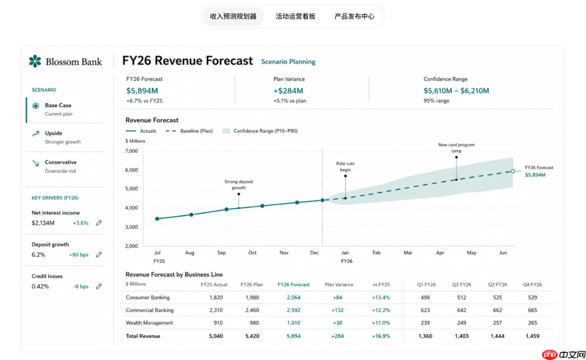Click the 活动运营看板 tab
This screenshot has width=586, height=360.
(295, 16)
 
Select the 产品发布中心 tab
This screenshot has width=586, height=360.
(354, 16)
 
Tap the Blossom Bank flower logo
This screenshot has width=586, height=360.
(35, 61)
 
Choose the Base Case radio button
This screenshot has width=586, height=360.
(35, 106)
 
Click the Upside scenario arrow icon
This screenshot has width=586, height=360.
(35, 134)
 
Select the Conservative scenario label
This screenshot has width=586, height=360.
(61, 162)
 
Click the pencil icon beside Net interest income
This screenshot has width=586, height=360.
(99, 223)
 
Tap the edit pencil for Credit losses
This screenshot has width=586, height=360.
(99, 286)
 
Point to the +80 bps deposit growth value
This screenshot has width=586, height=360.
(79, 255)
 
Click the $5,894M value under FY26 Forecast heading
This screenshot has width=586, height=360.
(142, 91)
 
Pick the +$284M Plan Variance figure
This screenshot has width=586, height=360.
(288, 91)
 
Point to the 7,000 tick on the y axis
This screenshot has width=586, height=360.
(131, 151)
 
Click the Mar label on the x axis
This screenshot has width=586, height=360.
(407, 252)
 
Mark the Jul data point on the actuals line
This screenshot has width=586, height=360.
(157, 219)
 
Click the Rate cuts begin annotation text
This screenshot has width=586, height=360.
(345, 167)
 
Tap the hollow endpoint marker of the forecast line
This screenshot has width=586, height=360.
(513, 171)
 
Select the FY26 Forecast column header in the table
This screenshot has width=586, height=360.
(294, 285)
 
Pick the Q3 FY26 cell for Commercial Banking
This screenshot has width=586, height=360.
(497, 310)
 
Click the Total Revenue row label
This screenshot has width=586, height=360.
(143, 336)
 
